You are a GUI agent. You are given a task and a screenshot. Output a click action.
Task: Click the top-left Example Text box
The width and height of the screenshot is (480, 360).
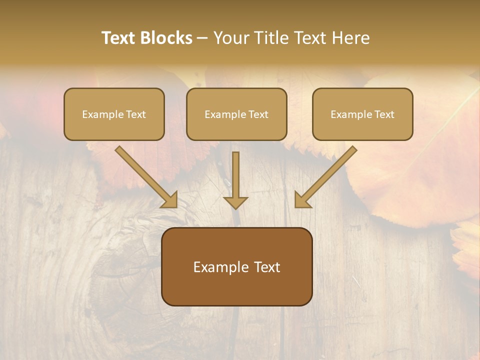(x=114, y=114)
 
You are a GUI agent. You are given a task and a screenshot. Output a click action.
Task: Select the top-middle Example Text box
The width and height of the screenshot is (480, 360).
(x=236, y=114)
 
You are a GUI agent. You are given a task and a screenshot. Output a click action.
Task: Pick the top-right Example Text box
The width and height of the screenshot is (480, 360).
(x=362, y=114)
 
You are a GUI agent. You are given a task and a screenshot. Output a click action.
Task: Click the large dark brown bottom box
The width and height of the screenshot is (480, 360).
(x=236, y=266)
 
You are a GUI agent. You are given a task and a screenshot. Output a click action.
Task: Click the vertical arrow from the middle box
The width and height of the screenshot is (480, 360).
(x=235, y=177)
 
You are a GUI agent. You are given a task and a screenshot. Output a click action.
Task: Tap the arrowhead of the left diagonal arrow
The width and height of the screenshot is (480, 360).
(x=169, y=199)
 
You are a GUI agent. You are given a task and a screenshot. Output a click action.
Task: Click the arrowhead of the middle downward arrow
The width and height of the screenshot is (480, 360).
(x=235, y=202)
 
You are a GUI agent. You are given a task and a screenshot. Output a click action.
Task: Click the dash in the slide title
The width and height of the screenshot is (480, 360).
(x=202, y=38)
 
